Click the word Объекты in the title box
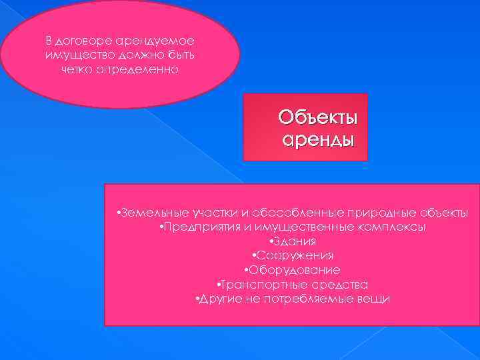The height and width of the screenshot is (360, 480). (x=318, y=118)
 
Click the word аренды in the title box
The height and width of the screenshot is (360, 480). (x=318, y=141)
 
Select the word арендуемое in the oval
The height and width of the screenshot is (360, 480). (x=153, y=41)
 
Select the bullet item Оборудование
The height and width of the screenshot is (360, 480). (x=293, y=270)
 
